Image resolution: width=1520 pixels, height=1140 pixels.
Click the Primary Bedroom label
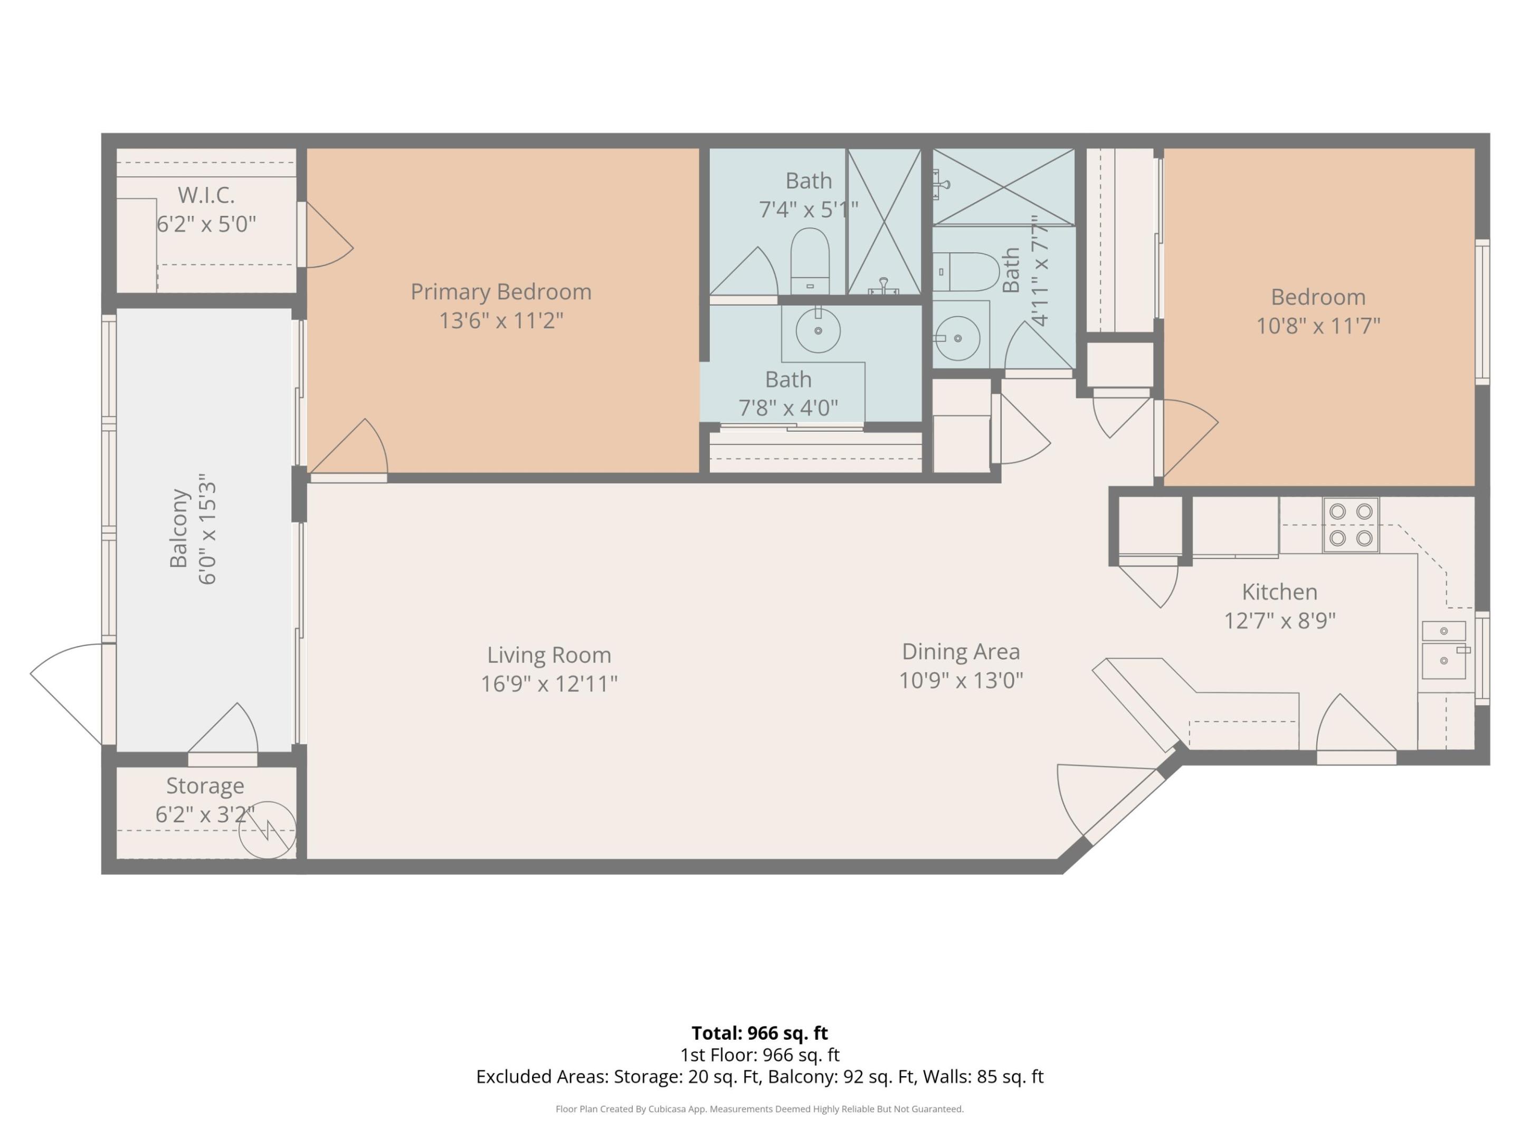pyautogui.click(x=501, y=291)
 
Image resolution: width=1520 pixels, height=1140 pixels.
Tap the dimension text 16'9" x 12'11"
pyautogui.click(x=548, y=683)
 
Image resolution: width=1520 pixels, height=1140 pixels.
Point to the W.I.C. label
pyautogui.click(x=206, y=195)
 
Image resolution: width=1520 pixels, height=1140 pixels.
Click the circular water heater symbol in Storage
pyautogui.click(x=267, y=830)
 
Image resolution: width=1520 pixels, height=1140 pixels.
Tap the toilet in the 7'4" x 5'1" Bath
pyautogui.click(x=810, y=261)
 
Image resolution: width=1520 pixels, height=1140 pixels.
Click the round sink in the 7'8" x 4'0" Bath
pyautogui.click(x=818, y=330)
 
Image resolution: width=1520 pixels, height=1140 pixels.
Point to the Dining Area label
pyautogui.click(x=960, y=651)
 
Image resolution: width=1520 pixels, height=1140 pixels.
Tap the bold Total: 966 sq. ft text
pyautogui.click(x=759, y=1033)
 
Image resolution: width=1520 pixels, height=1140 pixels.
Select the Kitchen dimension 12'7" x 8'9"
pyautogui.click(x=1279, y=621)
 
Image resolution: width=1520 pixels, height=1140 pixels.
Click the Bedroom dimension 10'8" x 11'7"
pyautogui.click(x=1317, y=325)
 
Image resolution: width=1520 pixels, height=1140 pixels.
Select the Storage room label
pyautogui.click(x=205, y=785)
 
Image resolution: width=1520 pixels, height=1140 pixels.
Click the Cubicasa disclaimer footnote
pyautogui.click(x=759, y=1108)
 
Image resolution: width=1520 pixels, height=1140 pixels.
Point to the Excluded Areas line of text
pyautogui.click(x=759, y=1076)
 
